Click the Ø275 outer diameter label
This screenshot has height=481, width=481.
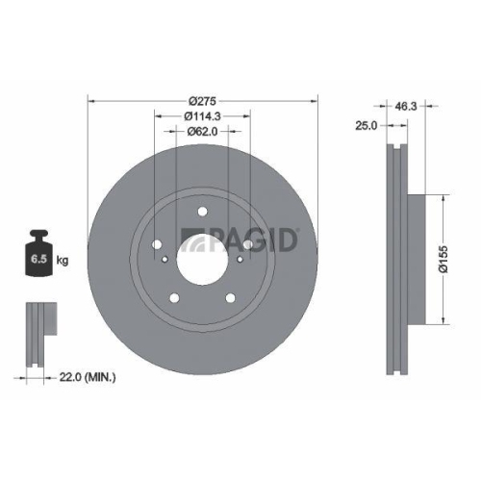tap(202, 100)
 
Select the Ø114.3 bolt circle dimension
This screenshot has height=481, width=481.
tap(202, 115)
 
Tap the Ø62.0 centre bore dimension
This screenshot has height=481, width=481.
tap(202, 131)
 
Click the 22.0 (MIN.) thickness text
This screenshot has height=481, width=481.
tap(87, 378)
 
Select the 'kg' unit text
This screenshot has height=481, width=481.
tap(63, 260)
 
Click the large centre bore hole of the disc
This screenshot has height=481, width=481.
tap(203, 257)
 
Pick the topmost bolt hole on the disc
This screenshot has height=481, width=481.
tap(203, 213)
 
